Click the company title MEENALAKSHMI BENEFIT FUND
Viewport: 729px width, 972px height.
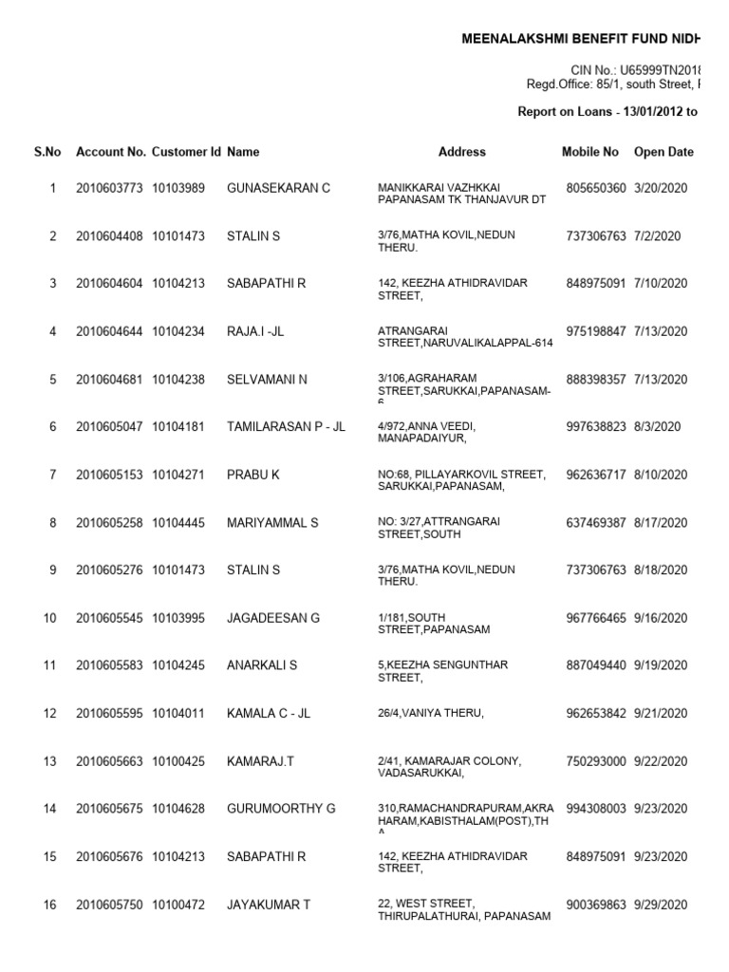pyautogui.click(x=580, y=39)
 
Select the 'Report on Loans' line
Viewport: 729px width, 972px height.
pyautogui.click(x=607, y=112)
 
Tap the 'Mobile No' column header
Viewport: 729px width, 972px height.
pyautogui.click(x=589, y=152)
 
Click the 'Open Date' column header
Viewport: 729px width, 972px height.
pyautogui.click(x=664, y=152)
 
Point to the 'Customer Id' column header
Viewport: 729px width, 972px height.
pyautogui.click(x=186, y=152)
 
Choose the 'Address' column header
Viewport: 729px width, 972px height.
pyautogui.click(x=462, y=152)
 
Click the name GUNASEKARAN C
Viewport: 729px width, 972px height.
pyautogui.click(x=278, y=188)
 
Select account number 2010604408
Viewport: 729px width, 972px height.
pyautogui.click(x=109, y=235)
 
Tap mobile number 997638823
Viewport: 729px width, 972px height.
pyautogui.click(x=595, y=427)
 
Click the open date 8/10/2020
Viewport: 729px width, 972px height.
pyautogui.click(x=661, y=475)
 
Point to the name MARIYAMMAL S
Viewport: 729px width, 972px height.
pyautogui.click(x=272, y=523)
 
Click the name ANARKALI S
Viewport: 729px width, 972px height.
pyautogui.click(x=262, y=665)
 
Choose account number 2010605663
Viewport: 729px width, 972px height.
pyautogui.click(x=109, y=761)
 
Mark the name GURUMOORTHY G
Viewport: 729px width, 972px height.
pyautogui.click(x=281, y=809)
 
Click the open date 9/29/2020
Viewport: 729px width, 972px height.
pyautogui.click(x=661, y=906)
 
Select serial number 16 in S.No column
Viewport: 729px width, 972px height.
pyautogui.click(x=50, y=906)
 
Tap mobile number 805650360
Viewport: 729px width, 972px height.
pyautogui.click(x=595, y=188)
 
